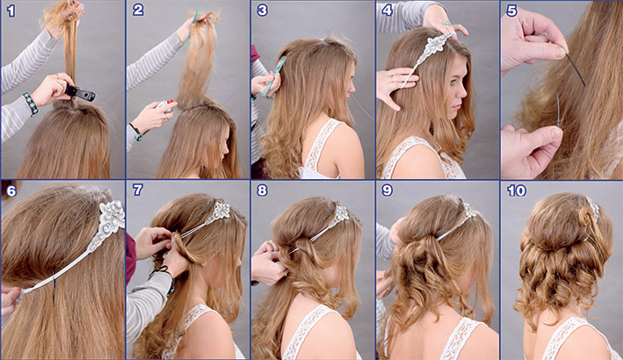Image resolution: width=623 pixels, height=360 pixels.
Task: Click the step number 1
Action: tap(11, 11)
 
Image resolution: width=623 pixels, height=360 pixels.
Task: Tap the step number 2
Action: tap(138, 11)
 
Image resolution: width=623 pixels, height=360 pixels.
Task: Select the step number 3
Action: tap(262, 11)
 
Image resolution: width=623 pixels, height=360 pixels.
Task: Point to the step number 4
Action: tap(387, 11)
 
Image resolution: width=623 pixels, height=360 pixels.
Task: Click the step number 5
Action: tap(511, 11)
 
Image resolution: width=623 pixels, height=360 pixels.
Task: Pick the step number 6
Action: tap(11, 191)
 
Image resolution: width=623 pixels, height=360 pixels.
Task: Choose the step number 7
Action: tap(137, 191)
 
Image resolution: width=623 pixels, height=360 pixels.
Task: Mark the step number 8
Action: tap(262, 191)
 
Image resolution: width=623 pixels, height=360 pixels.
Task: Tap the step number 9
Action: tap(387, 191)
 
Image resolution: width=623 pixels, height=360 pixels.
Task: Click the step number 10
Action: tap(517, 191)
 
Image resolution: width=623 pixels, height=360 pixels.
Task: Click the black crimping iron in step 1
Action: tap(80, 94)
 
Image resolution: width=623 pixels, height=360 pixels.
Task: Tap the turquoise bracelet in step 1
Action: tap(31, 104)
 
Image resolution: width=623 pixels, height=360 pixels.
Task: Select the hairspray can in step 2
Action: tap(165, 105)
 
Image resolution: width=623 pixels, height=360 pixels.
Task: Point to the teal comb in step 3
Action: tap(274, 76)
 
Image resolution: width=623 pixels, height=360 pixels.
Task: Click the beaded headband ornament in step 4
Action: tap(431, 50)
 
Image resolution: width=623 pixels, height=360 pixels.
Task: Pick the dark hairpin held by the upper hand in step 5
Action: tap(576, 70)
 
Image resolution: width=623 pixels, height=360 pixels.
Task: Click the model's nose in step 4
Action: tap(464, 92)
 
